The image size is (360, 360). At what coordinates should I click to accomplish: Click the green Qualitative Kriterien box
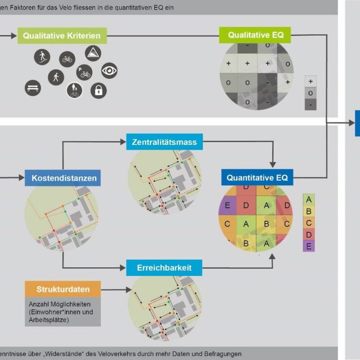(x=62, y=36)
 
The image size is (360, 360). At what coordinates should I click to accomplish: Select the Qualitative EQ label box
(x=255, y=35)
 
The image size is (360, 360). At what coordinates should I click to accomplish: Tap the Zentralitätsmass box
(x=164, y=142)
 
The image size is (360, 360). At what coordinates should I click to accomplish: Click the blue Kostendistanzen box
(x=63, y=178)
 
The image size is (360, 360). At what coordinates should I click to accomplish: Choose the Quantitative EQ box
(x=257, y=177)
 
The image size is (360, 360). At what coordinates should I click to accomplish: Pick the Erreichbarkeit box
(x=164, y=268)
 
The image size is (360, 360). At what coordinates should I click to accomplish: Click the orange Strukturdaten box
(x=63, y=289)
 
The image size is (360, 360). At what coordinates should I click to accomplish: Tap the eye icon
(x=109, y=71)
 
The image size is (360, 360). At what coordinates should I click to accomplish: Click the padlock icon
(x=99, y=90)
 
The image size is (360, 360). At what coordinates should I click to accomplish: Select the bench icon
(x=33, y=88)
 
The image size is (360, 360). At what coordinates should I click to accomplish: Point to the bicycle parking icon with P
(x=84, y=72)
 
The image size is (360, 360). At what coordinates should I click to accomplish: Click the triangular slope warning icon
(x=93, y=53)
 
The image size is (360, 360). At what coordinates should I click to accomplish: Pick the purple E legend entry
(x=309, y=246)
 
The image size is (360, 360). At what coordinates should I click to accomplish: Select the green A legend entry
(x=309, y=199)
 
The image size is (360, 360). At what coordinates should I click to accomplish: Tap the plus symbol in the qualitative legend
(x=310, y=81)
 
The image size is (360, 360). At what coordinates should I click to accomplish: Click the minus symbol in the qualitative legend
(x=310, y=105)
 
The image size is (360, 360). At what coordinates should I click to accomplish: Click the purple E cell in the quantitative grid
(x=227, y=205)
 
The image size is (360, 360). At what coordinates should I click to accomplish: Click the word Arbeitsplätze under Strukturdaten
(x=49, y=320)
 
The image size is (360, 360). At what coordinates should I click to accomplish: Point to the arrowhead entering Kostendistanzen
(x=22, y=177)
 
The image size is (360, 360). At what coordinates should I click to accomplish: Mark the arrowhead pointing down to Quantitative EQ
(x=273, y=165)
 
